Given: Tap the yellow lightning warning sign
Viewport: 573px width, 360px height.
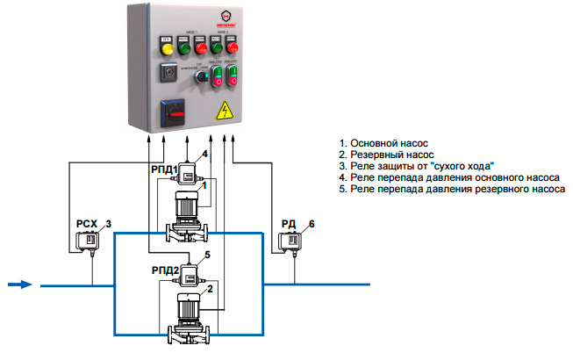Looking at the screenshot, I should point(226,110).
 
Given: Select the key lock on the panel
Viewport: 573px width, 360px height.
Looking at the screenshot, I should point(165,75).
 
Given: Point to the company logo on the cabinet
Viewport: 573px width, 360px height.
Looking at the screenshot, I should point(204,17).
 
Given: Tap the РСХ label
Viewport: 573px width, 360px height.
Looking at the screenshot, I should point(87,225).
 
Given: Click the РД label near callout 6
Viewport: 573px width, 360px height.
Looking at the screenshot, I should point(286,224).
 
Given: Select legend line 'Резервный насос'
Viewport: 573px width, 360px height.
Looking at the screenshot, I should point(389,154).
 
